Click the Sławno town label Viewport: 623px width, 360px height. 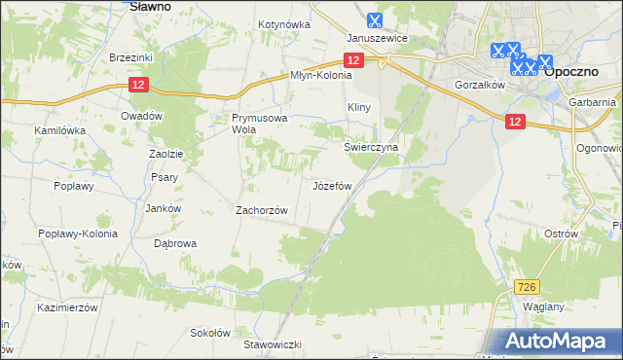click(151, 6)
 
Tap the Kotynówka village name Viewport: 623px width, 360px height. click(283, 24)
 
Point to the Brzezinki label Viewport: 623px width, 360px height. click(131, 57)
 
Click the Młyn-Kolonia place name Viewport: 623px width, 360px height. click(320, 75)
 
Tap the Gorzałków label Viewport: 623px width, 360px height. click(478, 85)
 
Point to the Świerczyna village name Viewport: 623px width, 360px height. click(370, 147)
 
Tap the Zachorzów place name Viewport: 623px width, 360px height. click(263, 210)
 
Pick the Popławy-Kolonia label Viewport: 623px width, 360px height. click(77, 234)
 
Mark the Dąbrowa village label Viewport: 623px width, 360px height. click(176, 243)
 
